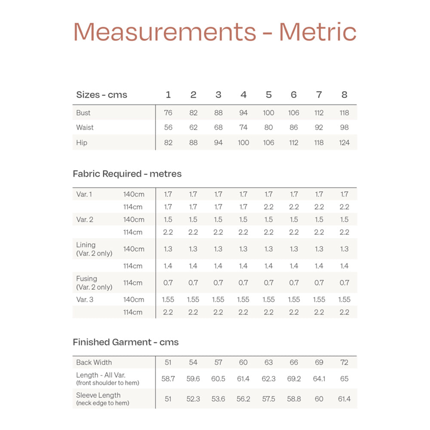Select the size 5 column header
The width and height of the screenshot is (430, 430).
click(269, 95)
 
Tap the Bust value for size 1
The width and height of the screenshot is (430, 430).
click(168, 113)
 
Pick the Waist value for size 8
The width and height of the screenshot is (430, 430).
click(344, 127)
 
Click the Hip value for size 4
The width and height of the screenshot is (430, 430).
click(243, 142)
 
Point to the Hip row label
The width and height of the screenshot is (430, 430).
click(82, 142)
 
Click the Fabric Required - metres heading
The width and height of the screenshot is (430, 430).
click(127, 174)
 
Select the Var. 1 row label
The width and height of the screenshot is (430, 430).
click(84, 194)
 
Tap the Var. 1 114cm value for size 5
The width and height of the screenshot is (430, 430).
click(269, 207)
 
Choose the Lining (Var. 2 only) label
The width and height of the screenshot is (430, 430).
click(94, 249)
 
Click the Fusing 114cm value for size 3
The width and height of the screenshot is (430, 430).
click(218, 283)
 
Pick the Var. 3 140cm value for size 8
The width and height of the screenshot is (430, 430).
click(344, 299)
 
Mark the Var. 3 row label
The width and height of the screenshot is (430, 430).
click(85, 299)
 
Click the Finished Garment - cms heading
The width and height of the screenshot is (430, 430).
click(126, 342)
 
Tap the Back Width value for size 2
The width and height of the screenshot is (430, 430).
click(193, 362)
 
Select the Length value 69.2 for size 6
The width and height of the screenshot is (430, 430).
click(294, 379)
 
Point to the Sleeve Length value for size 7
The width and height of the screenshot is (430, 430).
click(319, 399)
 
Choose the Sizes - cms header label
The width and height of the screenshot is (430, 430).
click(101, 95)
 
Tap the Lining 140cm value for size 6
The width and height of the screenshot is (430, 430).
click(294, 249)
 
